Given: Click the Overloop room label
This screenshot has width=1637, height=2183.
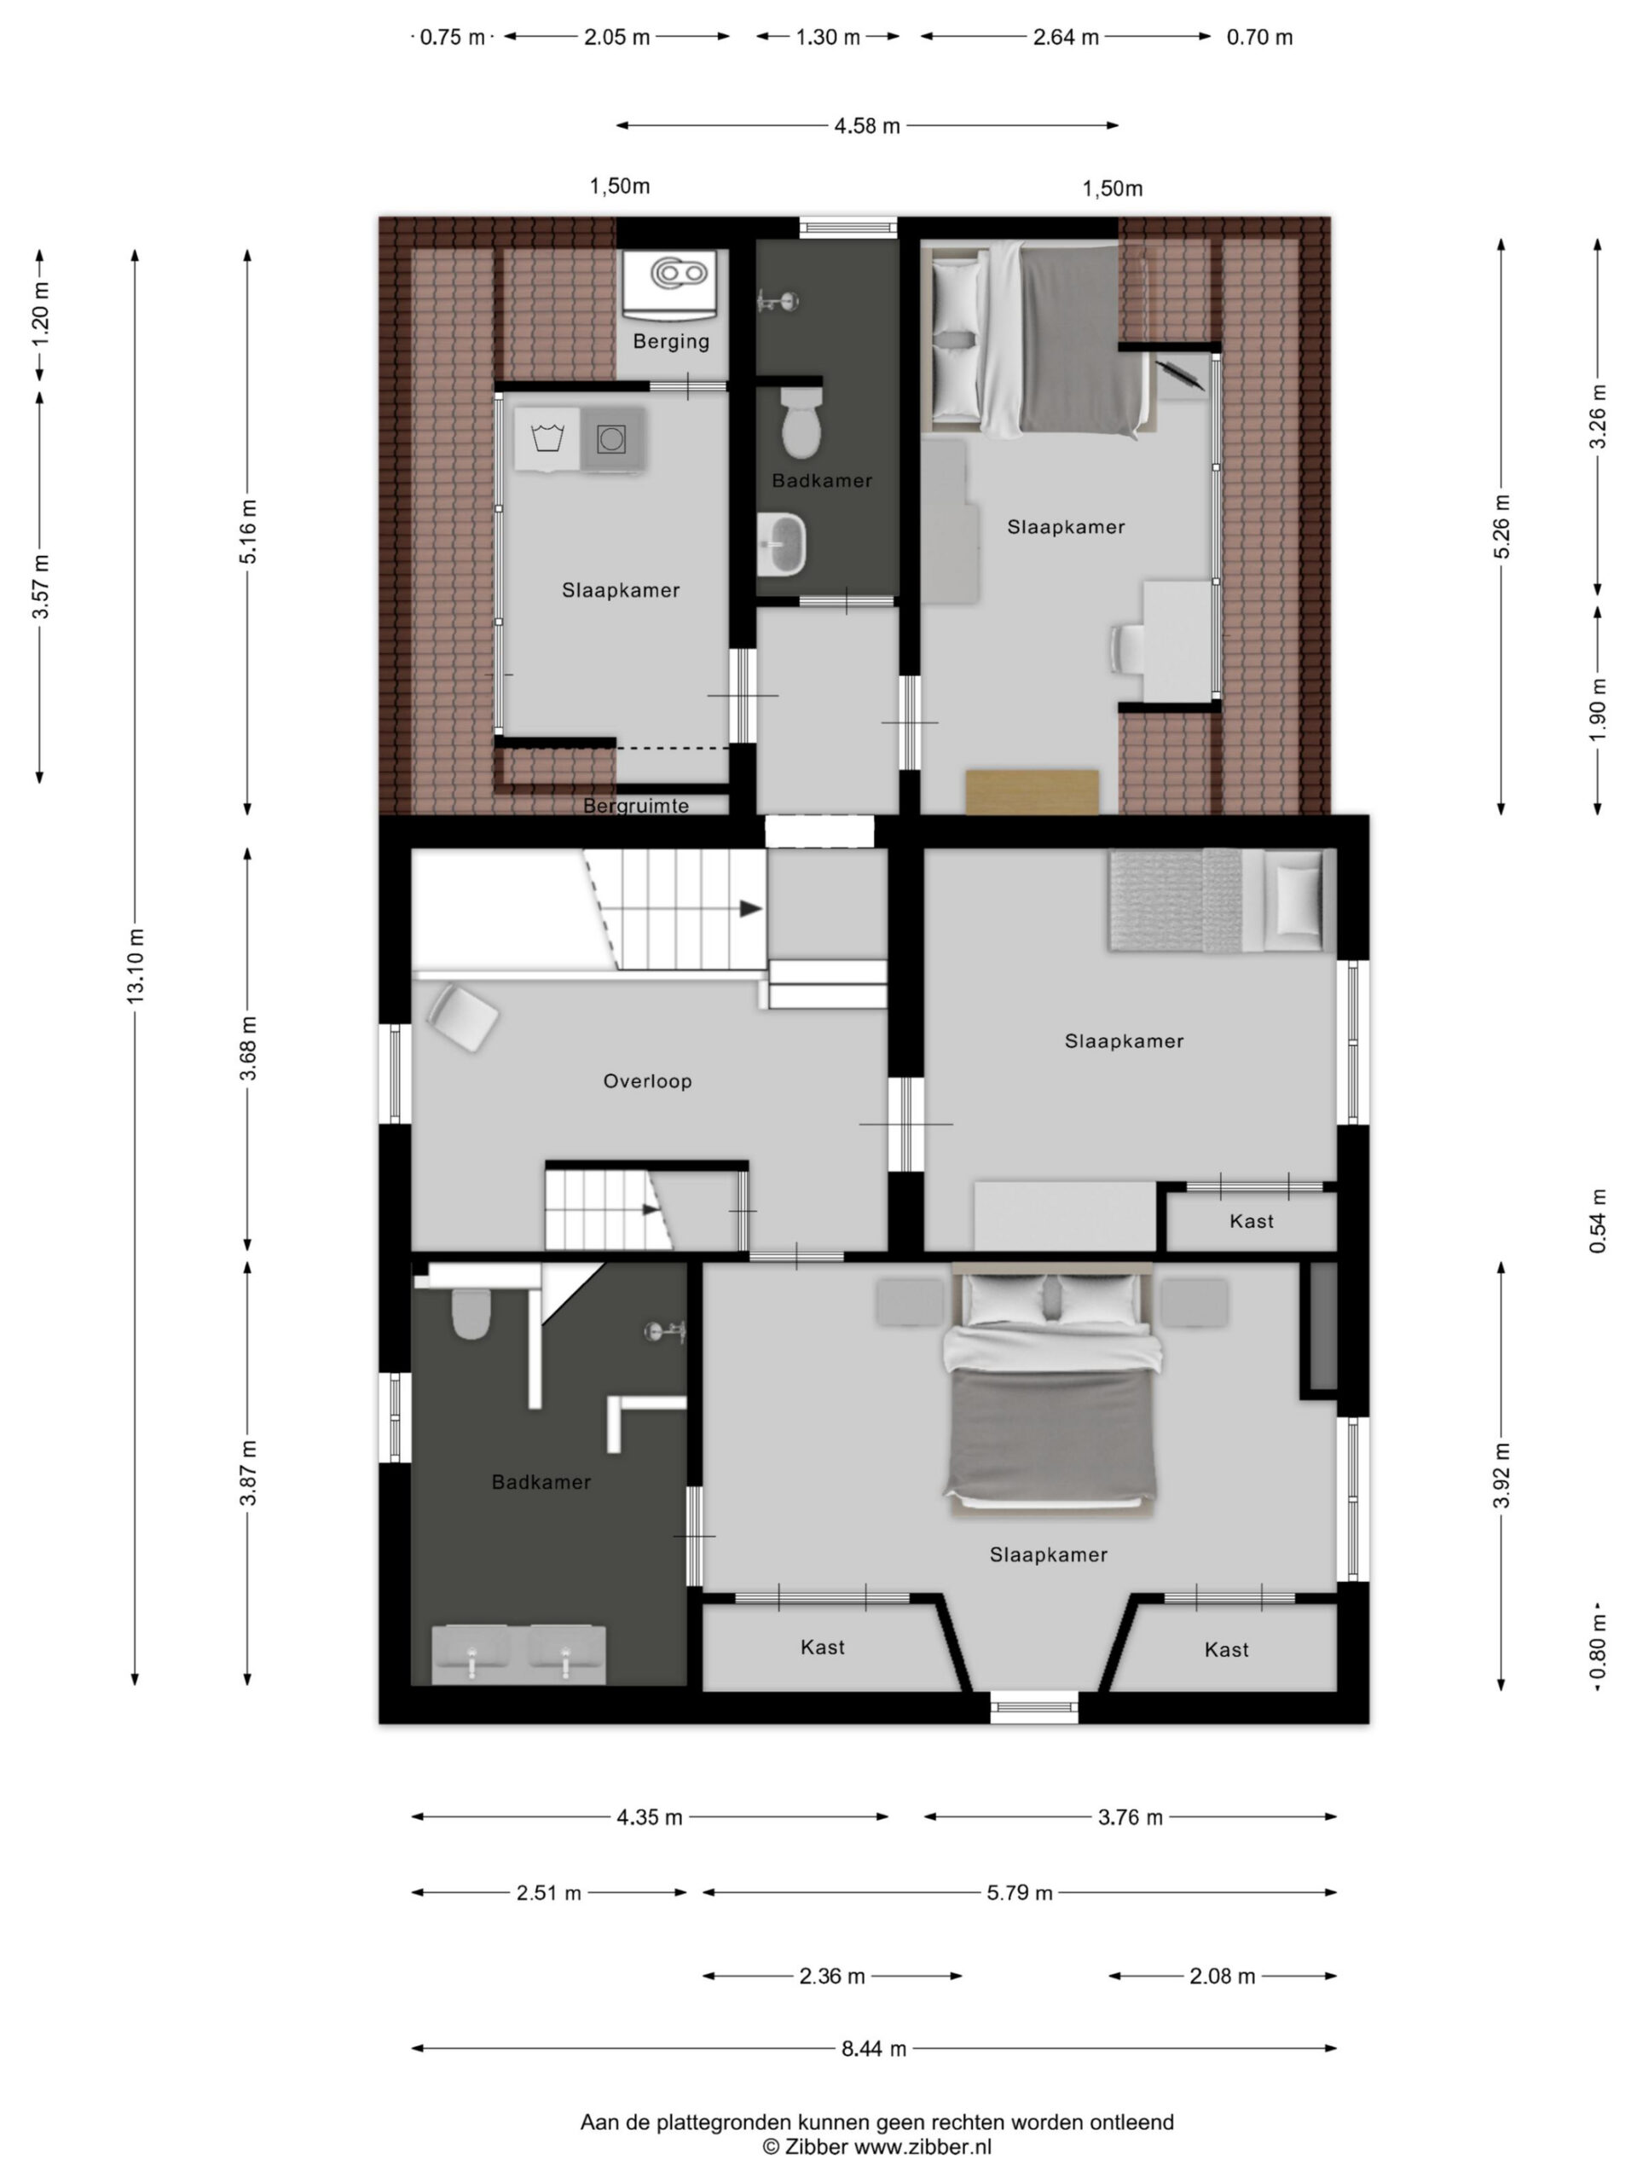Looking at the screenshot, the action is (x=647, y=1080).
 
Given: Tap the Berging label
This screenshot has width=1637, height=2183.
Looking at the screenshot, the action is (x=671, y=341).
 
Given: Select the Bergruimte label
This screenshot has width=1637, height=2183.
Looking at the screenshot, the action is (x=635, y=805).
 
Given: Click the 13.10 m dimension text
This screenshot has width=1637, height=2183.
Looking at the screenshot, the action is (x=136, y=966).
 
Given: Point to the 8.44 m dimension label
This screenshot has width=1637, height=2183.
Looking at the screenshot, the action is (x=873, y=2047).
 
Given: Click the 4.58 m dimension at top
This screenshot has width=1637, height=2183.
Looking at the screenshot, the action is (x=867, y=125).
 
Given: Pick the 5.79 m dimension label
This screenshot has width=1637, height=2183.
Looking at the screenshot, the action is (x=1020, y=1892).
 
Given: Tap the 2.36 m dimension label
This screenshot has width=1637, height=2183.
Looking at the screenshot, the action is (x=832, y=1975).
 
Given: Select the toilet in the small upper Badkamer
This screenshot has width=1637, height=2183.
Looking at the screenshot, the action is (x=801, y=421).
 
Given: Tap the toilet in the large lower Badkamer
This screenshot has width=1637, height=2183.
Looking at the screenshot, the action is (x=471, y=1312).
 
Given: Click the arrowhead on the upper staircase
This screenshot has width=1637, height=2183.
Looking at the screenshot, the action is (x=752, y=908).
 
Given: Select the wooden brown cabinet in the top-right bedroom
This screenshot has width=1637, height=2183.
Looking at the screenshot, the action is (x=1033, y=791).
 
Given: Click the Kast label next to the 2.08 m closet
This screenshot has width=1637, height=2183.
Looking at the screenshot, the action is (x=1227, y=1649).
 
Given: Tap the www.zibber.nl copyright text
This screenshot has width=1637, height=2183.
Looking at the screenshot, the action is (x=877, y=2146).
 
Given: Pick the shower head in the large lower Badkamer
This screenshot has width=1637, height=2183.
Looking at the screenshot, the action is (x=665, y=1331).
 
